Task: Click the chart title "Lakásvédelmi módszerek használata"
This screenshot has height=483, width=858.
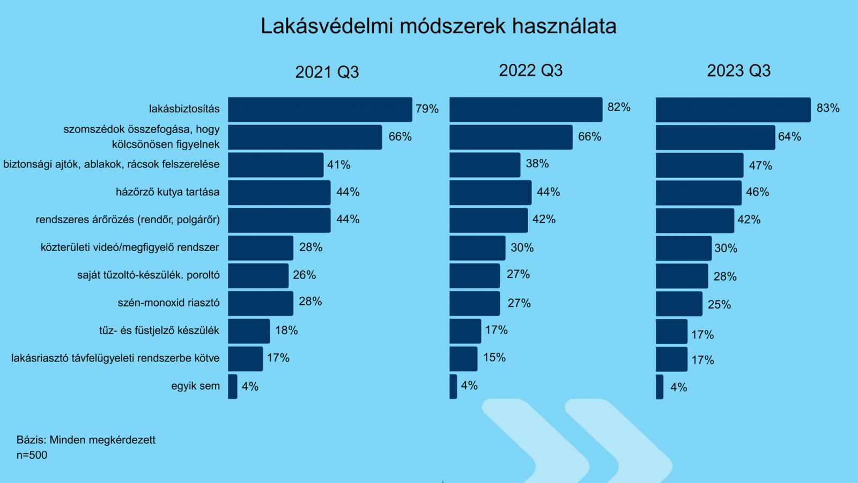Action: (x=438, y=26)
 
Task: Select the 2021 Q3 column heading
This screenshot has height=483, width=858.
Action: (x=327, y=72)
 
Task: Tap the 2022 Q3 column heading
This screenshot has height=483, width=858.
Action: (x=530, y=70)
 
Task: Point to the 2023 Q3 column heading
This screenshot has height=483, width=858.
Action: (x=738, y=71)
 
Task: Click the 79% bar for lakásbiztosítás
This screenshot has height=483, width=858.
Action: (x=320, y=109)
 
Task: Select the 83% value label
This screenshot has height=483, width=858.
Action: (x=827, y=108)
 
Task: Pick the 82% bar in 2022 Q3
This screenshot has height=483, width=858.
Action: (x=526, y=109)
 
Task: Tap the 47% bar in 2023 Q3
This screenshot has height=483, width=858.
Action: (x=699, y=165)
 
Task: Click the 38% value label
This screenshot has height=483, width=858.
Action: (x=537, y=164)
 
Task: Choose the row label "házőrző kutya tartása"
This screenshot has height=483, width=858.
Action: (x=167, y=192)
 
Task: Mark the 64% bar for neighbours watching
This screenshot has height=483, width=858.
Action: (x=715, y=137)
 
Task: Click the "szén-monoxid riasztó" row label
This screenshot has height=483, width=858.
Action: (x=168, y=303)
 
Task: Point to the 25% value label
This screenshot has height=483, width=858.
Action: (x=719, y=305)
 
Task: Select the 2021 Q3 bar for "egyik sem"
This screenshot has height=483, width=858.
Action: (x=232, y=386)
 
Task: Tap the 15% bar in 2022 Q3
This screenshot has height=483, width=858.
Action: (x=463, y=359)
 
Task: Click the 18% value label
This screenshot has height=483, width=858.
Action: (x=286, y=331)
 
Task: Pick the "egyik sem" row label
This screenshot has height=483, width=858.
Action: (x=195, y=386)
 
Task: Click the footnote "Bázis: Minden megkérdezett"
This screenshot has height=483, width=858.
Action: (x=86, y=440)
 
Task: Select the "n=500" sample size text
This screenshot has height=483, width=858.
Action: (x=32, y=455)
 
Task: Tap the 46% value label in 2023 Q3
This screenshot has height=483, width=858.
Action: (x=757, y=192)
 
